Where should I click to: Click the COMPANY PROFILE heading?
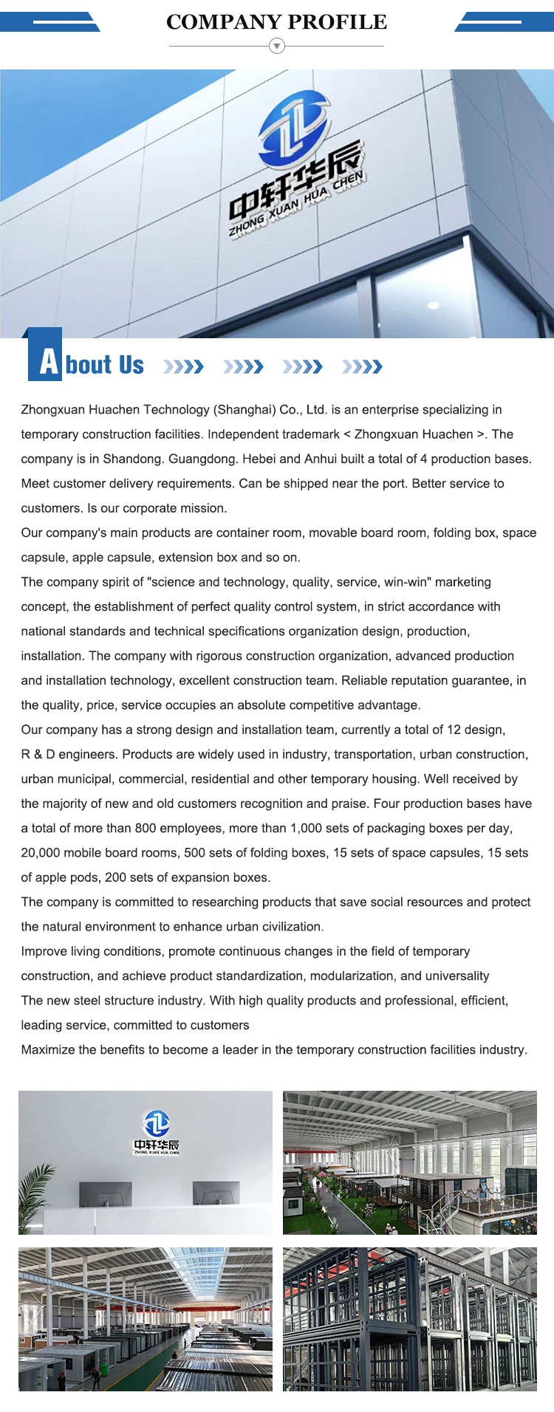pyautogui.click(x=276, y=22)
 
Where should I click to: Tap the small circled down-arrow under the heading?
pyautogui.click(x=277, y=47)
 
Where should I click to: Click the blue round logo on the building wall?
pyautogui.click(x=293, y=128)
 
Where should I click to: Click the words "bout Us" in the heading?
pyautogui.click(x=105, y=365)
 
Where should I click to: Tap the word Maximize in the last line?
pyautogui.click(x=48, y=1049)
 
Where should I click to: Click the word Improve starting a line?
pyautogui.click(x=44, y=951)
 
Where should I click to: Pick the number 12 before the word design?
pyautogui.click(x=454, y=730)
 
